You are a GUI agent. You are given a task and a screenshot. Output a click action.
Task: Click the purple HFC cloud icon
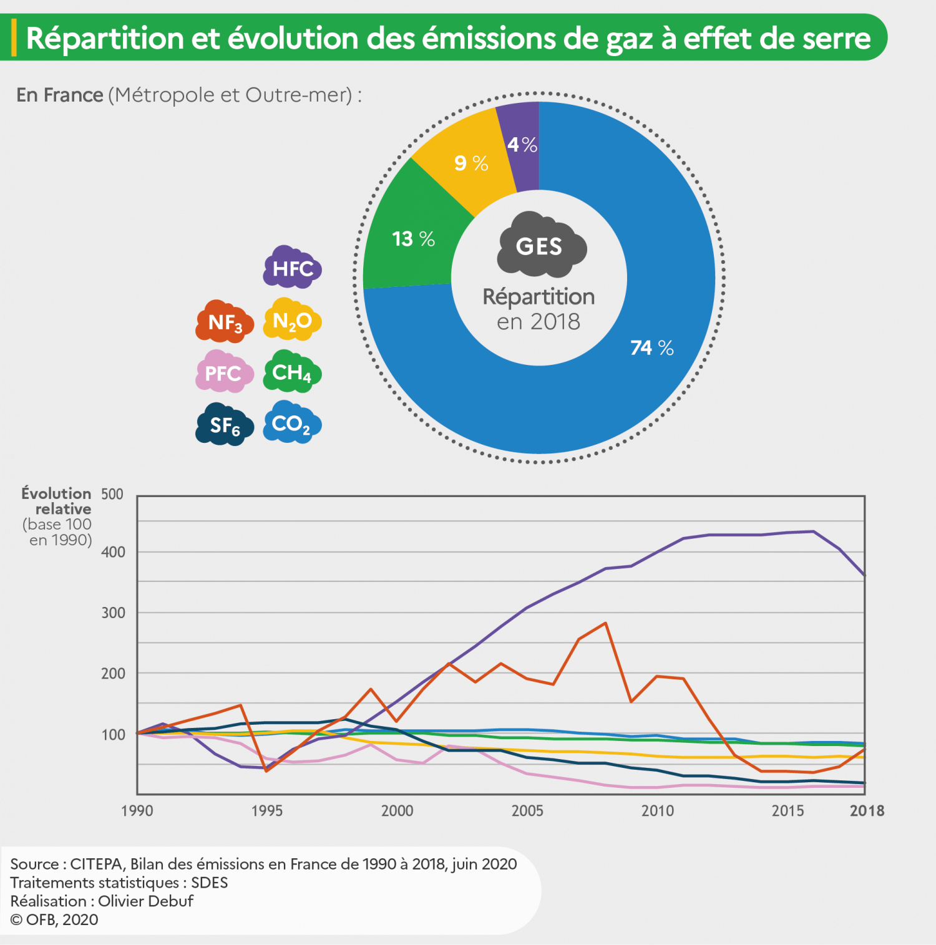[x=292, y=268]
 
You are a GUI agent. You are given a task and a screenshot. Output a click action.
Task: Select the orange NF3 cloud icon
[x=225, y=322]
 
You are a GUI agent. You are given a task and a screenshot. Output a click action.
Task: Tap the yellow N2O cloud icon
[x=292, y=320]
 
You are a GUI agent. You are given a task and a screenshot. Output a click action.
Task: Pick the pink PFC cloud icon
[x=225, y=372]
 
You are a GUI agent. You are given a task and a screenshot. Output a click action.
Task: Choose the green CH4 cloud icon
[x=292, y=372]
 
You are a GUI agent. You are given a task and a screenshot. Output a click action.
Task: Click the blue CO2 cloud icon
[x=292, y=424]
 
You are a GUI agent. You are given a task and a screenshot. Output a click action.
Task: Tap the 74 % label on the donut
[x=651, y=347]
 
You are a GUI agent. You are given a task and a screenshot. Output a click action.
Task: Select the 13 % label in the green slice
[x=413, y=238]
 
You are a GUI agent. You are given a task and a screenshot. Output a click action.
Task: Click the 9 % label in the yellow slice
[x=471, y=163]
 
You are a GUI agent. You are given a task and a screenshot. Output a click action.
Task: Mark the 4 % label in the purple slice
[x=522, y=145]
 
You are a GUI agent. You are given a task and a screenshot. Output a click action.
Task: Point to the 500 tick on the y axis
[x=112, y=494]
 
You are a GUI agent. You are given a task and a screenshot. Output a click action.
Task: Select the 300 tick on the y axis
[x=113, y=613]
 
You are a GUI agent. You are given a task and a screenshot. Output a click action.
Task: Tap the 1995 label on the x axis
[x=267, y=810]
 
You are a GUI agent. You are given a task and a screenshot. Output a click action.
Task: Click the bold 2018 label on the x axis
[x=867, y=810]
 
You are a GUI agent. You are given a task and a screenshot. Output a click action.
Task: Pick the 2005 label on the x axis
[x=527, y=810]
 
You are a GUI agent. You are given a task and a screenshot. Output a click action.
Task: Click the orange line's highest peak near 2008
[x=605, y=623]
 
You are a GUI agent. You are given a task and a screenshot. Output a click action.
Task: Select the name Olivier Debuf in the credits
[x=145, y=901]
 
